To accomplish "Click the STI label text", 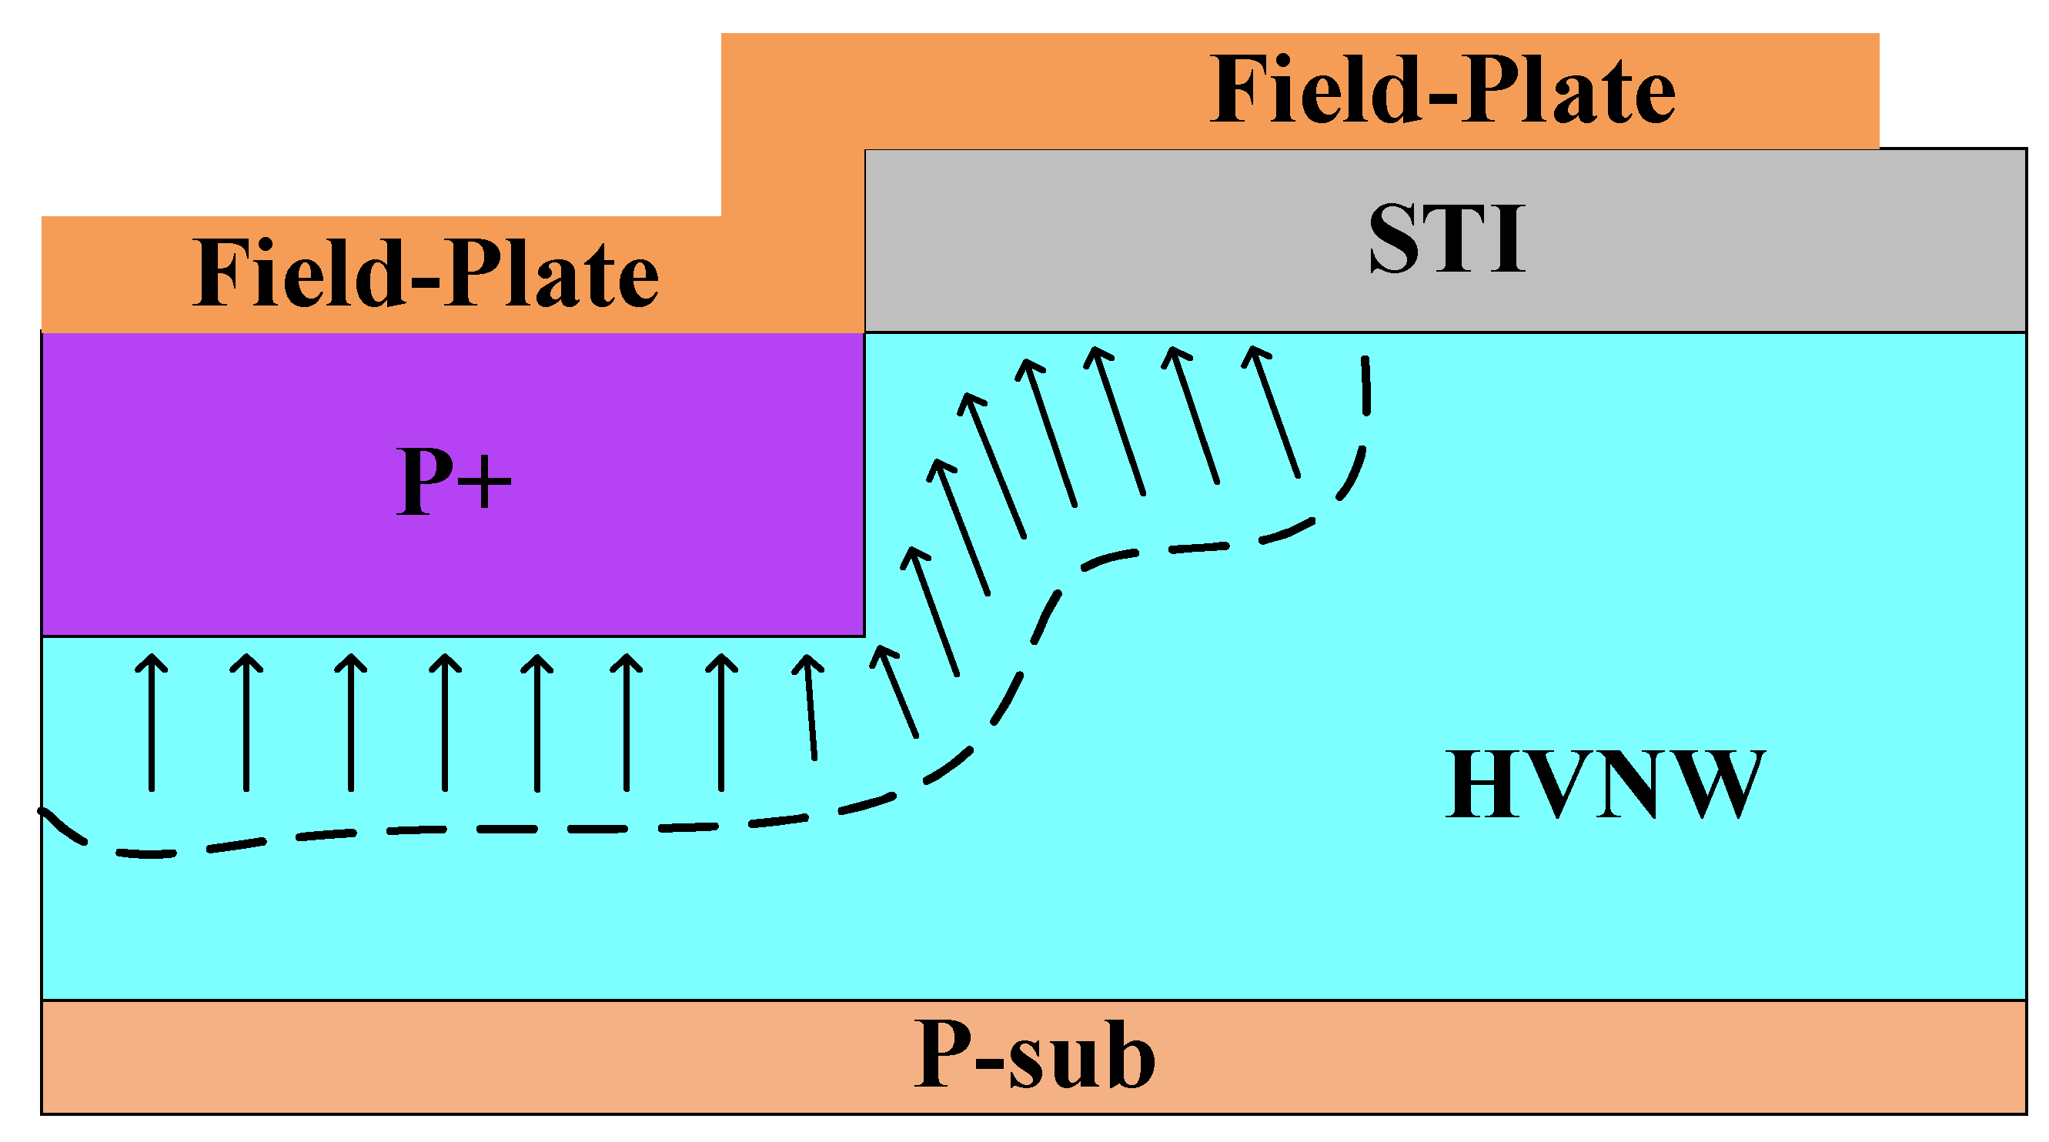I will coord(1447,239).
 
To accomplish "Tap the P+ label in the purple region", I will coord(453,480).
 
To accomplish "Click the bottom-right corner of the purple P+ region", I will coord(864,636).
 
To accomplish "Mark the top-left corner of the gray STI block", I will coord(866,150).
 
